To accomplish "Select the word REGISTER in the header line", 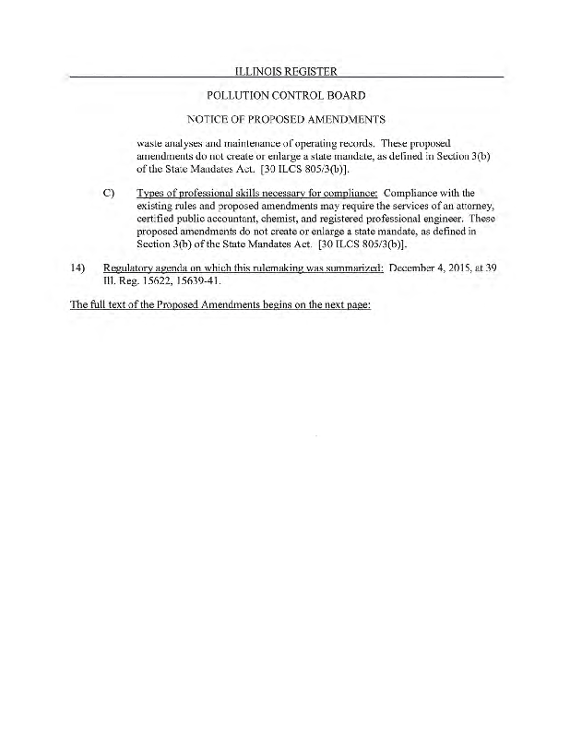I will point(311,71).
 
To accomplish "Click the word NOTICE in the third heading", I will point(207,119).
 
